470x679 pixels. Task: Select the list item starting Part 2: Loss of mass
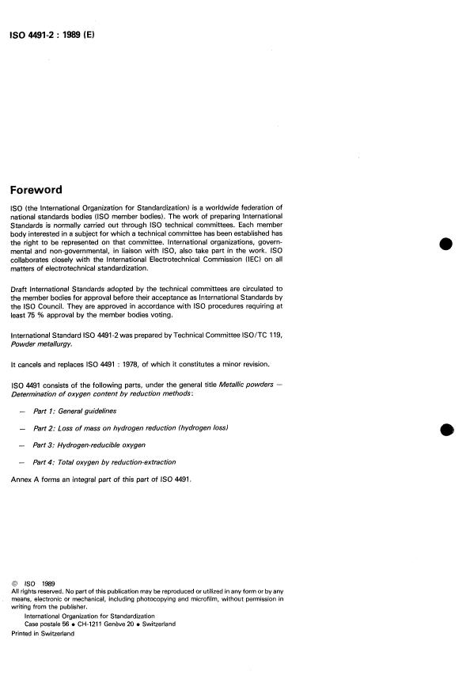coord(131,427)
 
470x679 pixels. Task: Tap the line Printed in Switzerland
coord(43,634)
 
